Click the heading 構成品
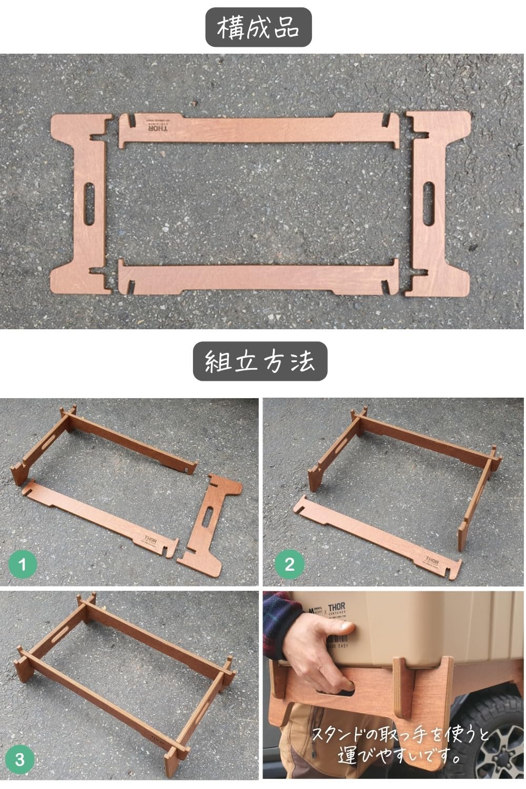258,28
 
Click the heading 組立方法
260,361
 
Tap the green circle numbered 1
22,565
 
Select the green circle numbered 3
19,759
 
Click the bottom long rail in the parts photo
258,277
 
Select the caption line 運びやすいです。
400,756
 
